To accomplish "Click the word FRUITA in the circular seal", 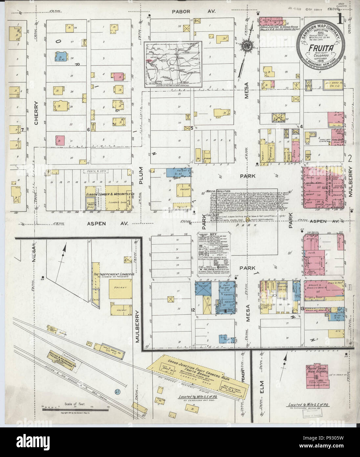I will [x=317, y=48].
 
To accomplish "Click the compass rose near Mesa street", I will [x=246, y=45].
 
